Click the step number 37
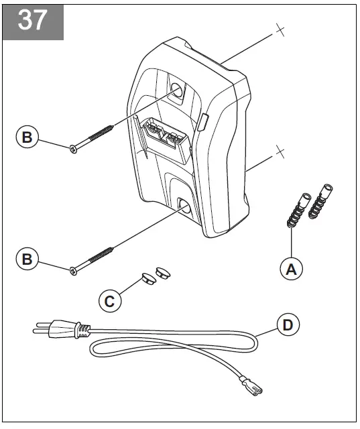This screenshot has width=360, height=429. pos(32,20)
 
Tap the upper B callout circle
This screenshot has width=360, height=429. pos(27,137)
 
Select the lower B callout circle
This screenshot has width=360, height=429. pos(27,259)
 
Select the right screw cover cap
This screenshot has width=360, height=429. pos(162,271)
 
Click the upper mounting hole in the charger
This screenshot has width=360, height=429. pos(177,90)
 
